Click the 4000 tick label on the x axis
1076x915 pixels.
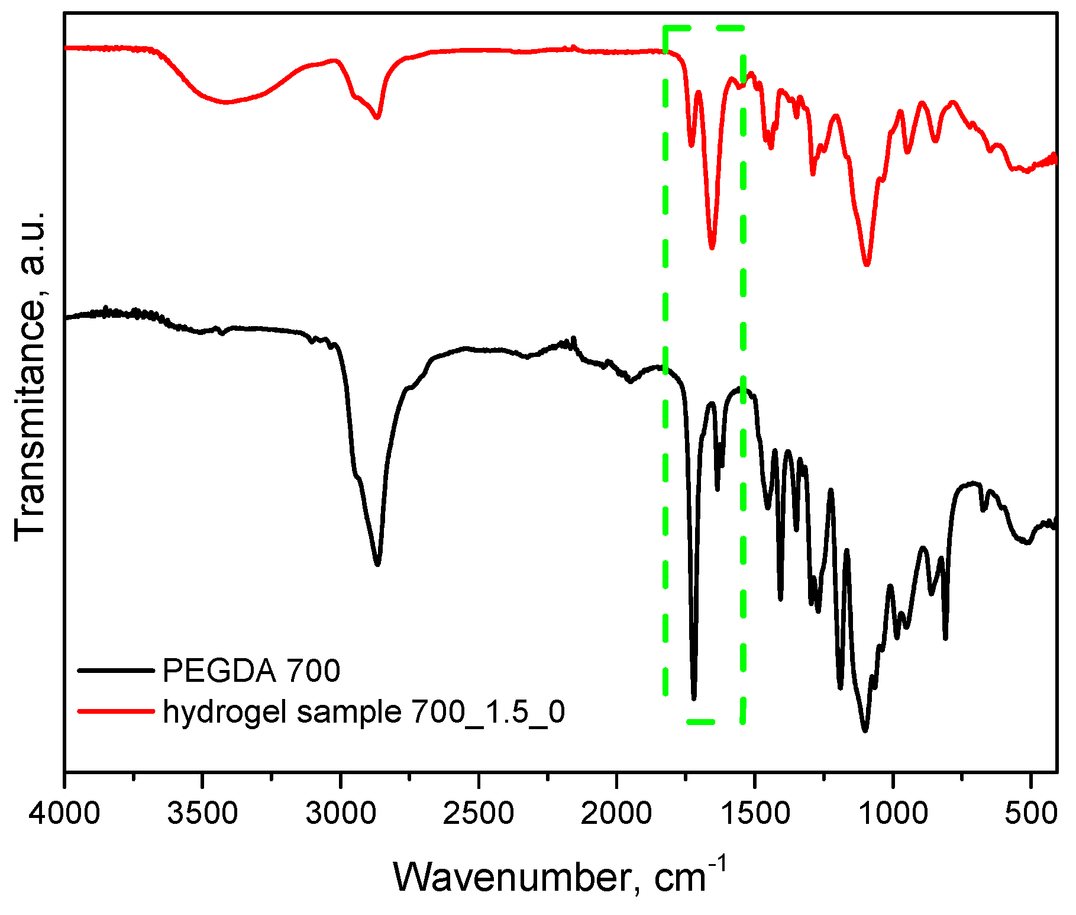pyautogui.click(x=64, y=814)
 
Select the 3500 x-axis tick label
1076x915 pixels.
pyautogui.click(x=202, y=814)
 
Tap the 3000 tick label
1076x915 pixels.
pyautogui.click(x=341, y=814)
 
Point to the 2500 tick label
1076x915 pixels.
pyautogui.click(x=479, y=814)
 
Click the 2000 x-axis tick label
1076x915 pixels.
pyautogui.click(x=616, y=814)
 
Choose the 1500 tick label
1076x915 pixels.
pyautogui.click(x=755, y=814)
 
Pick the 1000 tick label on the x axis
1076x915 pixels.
pyautogui.click(x=893, y=814)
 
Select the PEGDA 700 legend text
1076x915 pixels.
pyautogui.click(x=251, y=671)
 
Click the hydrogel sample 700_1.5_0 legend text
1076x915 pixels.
pyautogui.click(x=364, y=711)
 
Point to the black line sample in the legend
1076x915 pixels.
pyautogui.click(x=116, y=671)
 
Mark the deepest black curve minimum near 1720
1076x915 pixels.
pyautogui.click(x=694, y=698)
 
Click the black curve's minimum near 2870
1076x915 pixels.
pyautogui.click(x=377, y=565)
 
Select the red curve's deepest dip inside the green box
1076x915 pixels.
pyautogui.click(x=712, y=247)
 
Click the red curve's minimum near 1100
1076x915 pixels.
pyautogui.click(x=867, y=265)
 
